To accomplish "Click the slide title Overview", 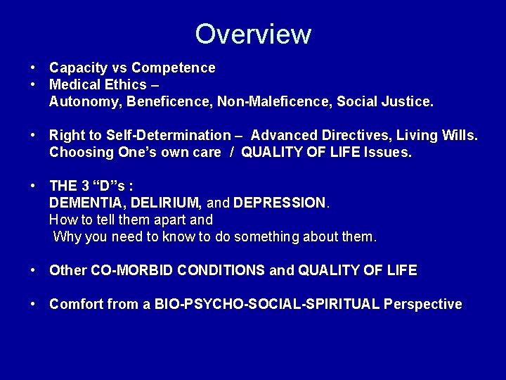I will tap(253, 34).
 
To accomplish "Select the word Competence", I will tap(174, 68).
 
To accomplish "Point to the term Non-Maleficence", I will tap(275, 102).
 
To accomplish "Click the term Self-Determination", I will tap(168, 135).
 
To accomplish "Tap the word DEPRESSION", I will tap(280, 203).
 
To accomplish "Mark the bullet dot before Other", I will tap(33, 270).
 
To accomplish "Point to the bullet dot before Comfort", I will tap(33, 304).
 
